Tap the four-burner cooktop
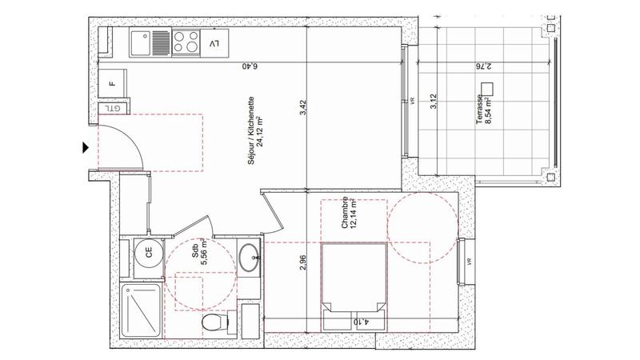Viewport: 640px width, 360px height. [x=186, y=41]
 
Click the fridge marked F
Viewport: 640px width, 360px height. [x=111, y=82]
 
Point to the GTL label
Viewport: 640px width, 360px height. [x=114, y=107]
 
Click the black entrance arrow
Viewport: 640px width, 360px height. [x=85, y=146]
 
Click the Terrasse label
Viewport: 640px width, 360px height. [x=478, y=108]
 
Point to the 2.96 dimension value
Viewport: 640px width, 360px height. [x=302, y=263]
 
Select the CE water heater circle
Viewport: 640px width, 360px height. [x=148, y=254]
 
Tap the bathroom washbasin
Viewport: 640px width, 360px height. [x=249, y=257]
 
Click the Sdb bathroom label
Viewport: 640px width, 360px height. [x=194, y=254]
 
